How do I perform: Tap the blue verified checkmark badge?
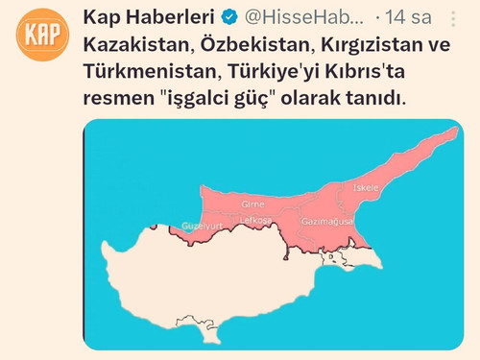tap(230, 18)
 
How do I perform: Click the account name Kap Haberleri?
tap(148, 18)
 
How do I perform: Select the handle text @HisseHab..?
tap(306, 18)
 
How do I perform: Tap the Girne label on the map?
tap(252, 204)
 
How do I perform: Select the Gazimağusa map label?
tap(327, 221)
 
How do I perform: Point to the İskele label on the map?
tap(366, 188)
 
